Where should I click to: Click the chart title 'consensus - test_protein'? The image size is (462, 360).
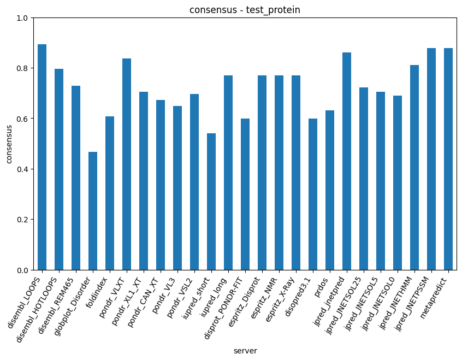[245, 10]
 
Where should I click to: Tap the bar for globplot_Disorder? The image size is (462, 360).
[93, 211]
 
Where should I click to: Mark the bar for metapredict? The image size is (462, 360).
[448, 159]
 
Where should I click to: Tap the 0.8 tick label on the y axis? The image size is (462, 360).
[22, 68]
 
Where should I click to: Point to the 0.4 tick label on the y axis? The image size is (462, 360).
[22, 169]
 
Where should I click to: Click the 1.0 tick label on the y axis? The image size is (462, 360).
[22, 18]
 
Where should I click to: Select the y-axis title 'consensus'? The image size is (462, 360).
[8, 144]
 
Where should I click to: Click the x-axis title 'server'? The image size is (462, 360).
[245, 351]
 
